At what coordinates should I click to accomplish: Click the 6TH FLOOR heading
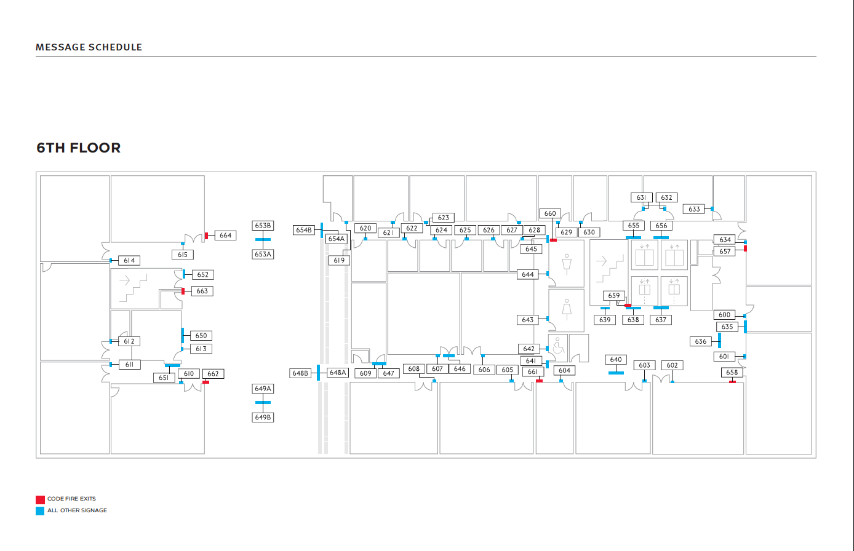78,148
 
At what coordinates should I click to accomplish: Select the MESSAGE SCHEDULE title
89,47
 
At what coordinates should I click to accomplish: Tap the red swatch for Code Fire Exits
40,499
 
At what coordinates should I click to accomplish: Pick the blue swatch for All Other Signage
40,511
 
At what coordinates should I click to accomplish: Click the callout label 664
226,236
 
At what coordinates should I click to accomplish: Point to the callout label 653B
263,226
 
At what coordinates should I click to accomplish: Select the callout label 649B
263,418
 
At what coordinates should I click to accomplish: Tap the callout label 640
616,360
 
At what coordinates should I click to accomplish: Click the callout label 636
701,341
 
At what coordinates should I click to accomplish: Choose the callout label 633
694,209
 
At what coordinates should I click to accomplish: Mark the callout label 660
550,213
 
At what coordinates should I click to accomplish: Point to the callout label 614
129,261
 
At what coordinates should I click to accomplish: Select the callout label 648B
300,373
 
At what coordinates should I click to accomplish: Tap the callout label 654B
304,230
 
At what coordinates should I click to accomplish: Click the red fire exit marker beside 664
207,235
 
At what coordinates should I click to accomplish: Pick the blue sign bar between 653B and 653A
263,240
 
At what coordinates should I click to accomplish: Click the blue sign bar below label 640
616,373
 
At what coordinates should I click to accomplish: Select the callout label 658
732,373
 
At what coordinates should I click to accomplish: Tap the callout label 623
444,218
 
